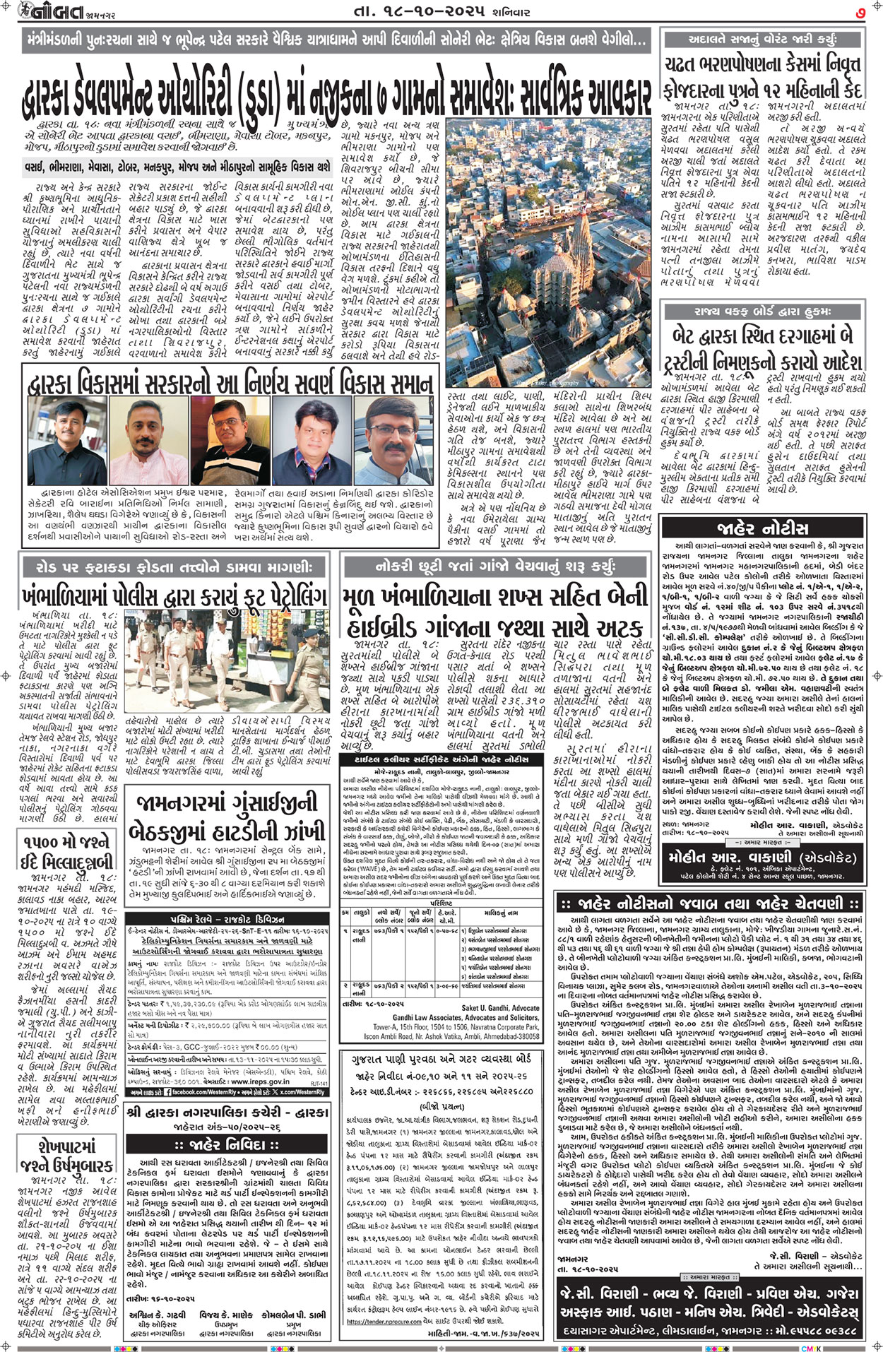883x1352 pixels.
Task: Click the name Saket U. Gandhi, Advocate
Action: click(500, 1008)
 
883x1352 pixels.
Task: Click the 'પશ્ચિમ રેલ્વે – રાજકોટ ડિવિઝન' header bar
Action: click(227, 919)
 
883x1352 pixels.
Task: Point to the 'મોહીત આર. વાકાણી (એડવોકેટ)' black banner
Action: click(761, 858)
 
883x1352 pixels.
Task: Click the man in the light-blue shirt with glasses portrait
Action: click(392, 440)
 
